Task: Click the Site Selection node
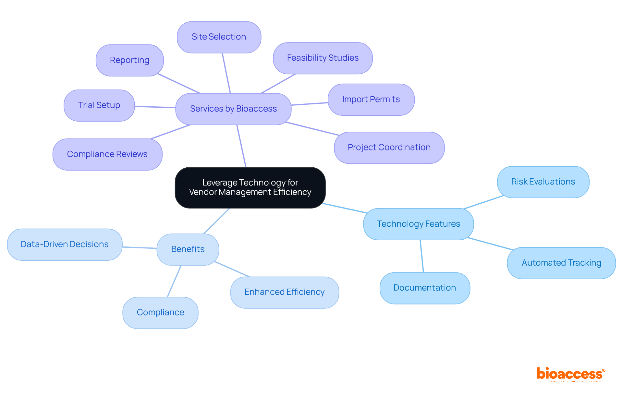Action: coord(219,37)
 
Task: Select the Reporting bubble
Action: coord(130,60)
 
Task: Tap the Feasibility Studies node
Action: coord(323,58)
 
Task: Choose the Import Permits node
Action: coord(371,100)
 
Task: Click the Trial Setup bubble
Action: coord(99,105)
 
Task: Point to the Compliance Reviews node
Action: coord(107,154)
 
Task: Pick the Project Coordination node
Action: coord(389,148)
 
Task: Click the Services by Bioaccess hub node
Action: coord(233,109)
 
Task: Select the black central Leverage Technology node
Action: coord(250,187)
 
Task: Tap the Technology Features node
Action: coord(418,224)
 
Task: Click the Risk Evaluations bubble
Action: coord(543,182)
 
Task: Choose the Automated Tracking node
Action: coord(561,263)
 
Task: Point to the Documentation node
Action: coord(425,288)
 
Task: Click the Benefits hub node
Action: coord(188,249)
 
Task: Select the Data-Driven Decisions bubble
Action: coord(65,245)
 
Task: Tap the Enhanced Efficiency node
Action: coord(285,292)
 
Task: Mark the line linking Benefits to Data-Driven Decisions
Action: coord(140,248)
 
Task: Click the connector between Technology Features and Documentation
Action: coord(422,256)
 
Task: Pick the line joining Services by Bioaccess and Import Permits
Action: coord(310,104)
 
